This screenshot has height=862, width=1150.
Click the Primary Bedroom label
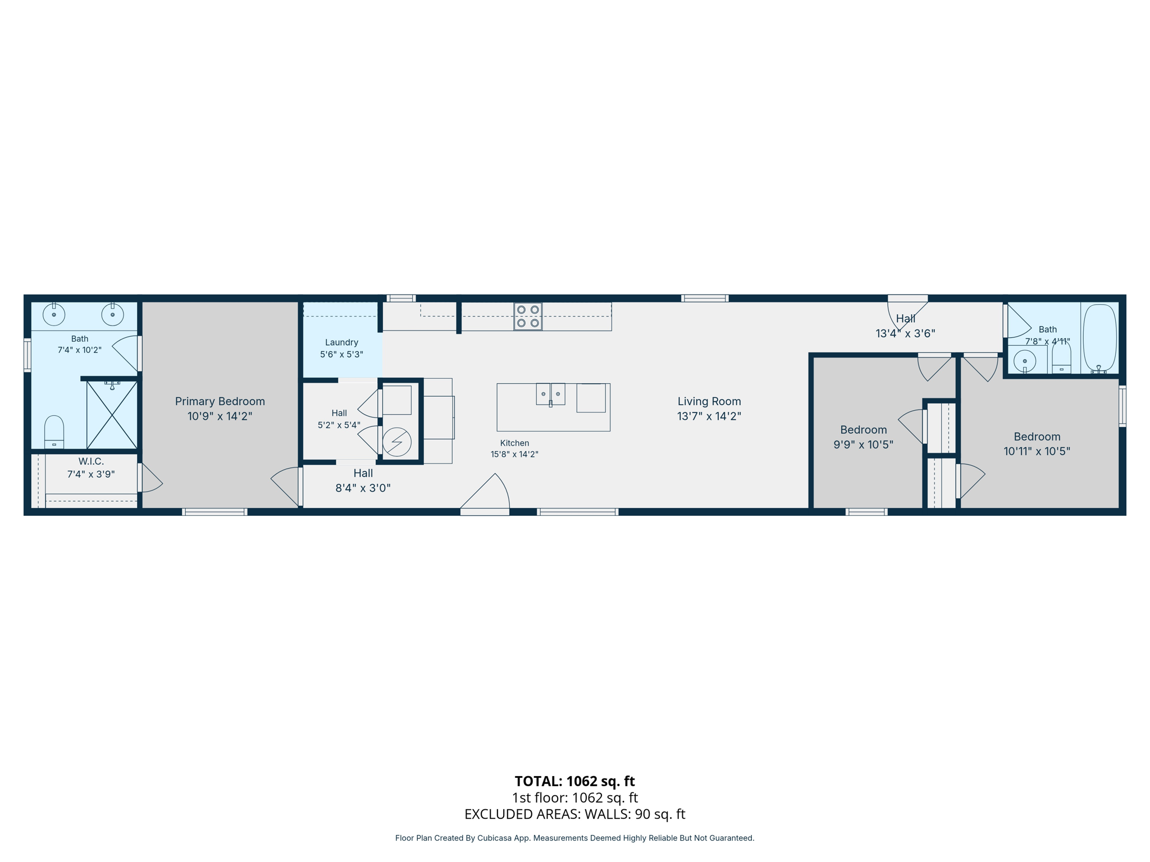click(x=220, y=401)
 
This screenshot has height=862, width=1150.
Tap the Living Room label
click(x=709, y=401)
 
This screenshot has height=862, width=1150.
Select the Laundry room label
click(x=341, y=342)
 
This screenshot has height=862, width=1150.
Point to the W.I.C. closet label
click(x=91, y=461)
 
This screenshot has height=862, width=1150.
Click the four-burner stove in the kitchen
click(x=528, y=317)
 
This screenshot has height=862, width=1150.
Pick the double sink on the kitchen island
click(x=550, y=394)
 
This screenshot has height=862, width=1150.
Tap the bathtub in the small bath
click(x=1099, y=338)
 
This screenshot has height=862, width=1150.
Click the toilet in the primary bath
click(x=54, y=432)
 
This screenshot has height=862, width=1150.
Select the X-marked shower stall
click(x=112, y=415)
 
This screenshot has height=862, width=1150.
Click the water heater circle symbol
click(x=397, y=442)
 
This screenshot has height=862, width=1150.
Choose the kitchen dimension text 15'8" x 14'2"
click(x=514, y=455)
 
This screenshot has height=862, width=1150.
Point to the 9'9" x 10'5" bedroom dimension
click(x=863, y=444)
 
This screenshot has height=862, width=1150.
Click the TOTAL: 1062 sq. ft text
click(x=574, y=781)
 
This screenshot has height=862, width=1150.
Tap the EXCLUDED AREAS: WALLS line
click(x=574, y=814)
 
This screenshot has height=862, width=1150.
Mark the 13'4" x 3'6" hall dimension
click(x=905, y=333)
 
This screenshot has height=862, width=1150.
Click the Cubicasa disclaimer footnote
click(x=574, y=838)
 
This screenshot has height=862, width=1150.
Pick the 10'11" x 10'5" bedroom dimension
click(x=1037, y=451)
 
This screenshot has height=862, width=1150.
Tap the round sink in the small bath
click(x=1025, y=361)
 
